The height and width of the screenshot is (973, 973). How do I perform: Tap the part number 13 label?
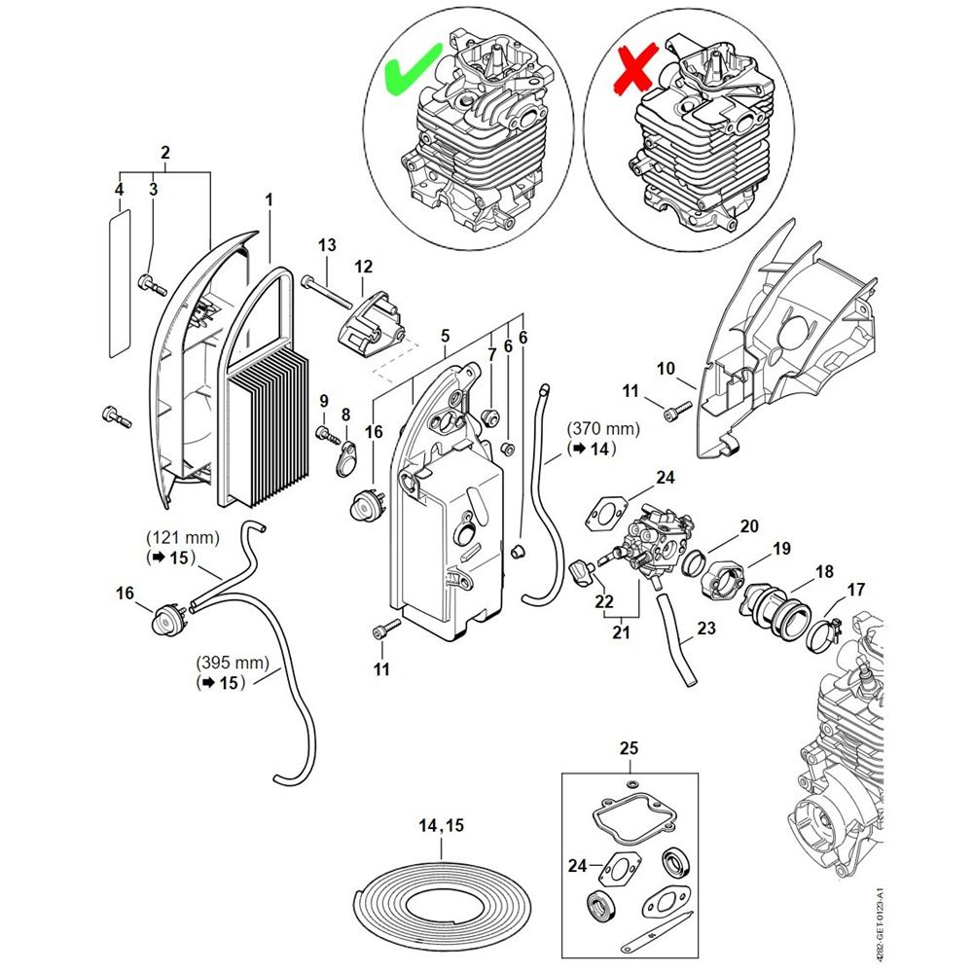click(x=327, y=245)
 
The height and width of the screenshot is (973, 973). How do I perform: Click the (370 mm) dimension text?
click(x=603, y=428)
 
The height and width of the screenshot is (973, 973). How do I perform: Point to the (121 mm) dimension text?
click(x=183, y=537)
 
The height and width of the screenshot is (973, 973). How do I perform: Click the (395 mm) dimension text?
click(x=233, y=663)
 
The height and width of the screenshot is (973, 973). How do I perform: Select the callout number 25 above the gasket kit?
click(x=629, y=748)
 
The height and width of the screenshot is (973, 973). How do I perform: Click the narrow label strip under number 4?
click(x=121, y=283)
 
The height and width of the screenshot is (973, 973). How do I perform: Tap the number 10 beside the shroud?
click(x=666, y=369)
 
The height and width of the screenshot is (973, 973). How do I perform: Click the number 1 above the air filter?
click(x=269, y=200)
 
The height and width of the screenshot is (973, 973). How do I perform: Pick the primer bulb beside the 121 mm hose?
click(x=167, y=619)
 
